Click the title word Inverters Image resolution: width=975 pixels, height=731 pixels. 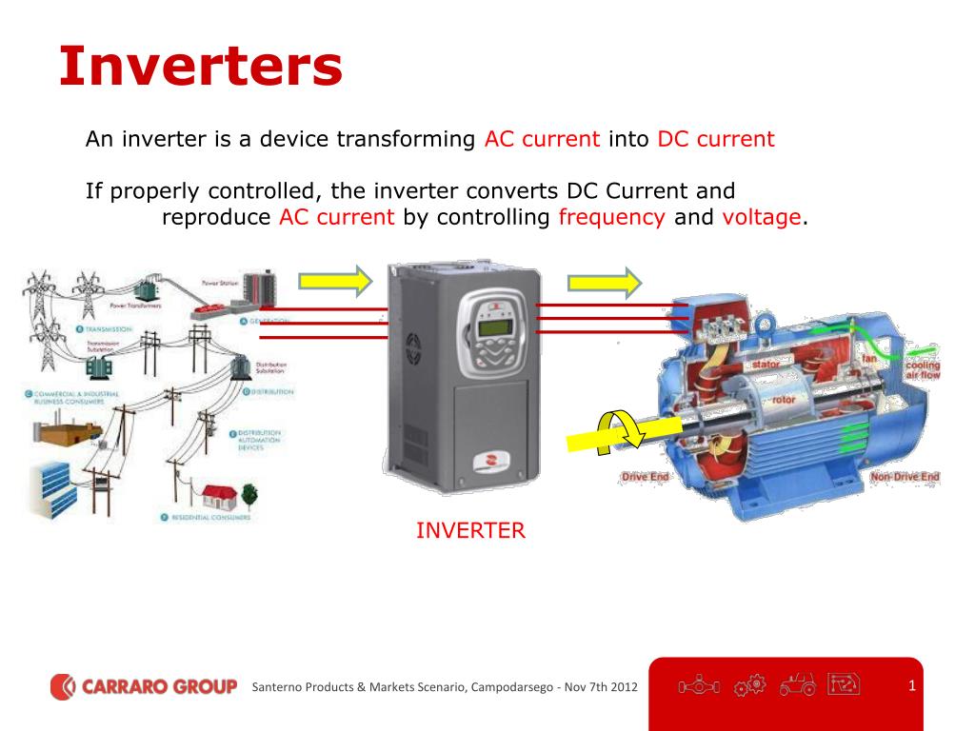[200, 67]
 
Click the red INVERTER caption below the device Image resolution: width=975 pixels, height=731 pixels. [470, 530]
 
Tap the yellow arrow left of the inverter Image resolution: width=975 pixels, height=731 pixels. [334, 281]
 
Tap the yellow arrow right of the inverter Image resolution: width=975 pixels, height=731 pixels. [605, 282]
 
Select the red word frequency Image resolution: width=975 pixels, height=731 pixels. [611, 217]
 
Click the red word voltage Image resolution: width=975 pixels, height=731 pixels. [762, 217]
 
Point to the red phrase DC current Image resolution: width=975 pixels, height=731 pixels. [716, 139]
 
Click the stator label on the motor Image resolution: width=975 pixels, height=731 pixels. [766, 365]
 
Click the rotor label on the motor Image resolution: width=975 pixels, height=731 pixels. [783, 400]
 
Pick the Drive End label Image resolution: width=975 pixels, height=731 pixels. [646, 476]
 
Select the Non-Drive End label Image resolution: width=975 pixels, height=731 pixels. [905, 476]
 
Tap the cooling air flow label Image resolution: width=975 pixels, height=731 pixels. [922, 370]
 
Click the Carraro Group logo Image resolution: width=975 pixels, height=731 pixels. [144, 685]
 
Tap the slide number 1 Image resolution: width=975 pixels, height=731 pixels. [911, 685]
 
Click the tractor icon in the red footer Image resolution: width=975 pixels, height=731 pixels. [797, 684]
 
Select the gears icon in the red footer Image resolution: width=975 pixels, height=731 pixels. [751, 684]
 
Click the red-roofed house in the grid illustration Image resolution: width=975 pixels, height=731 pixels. [219, 492]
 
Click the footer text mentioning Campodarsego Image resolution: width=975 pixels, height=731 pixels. [445, 686]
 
